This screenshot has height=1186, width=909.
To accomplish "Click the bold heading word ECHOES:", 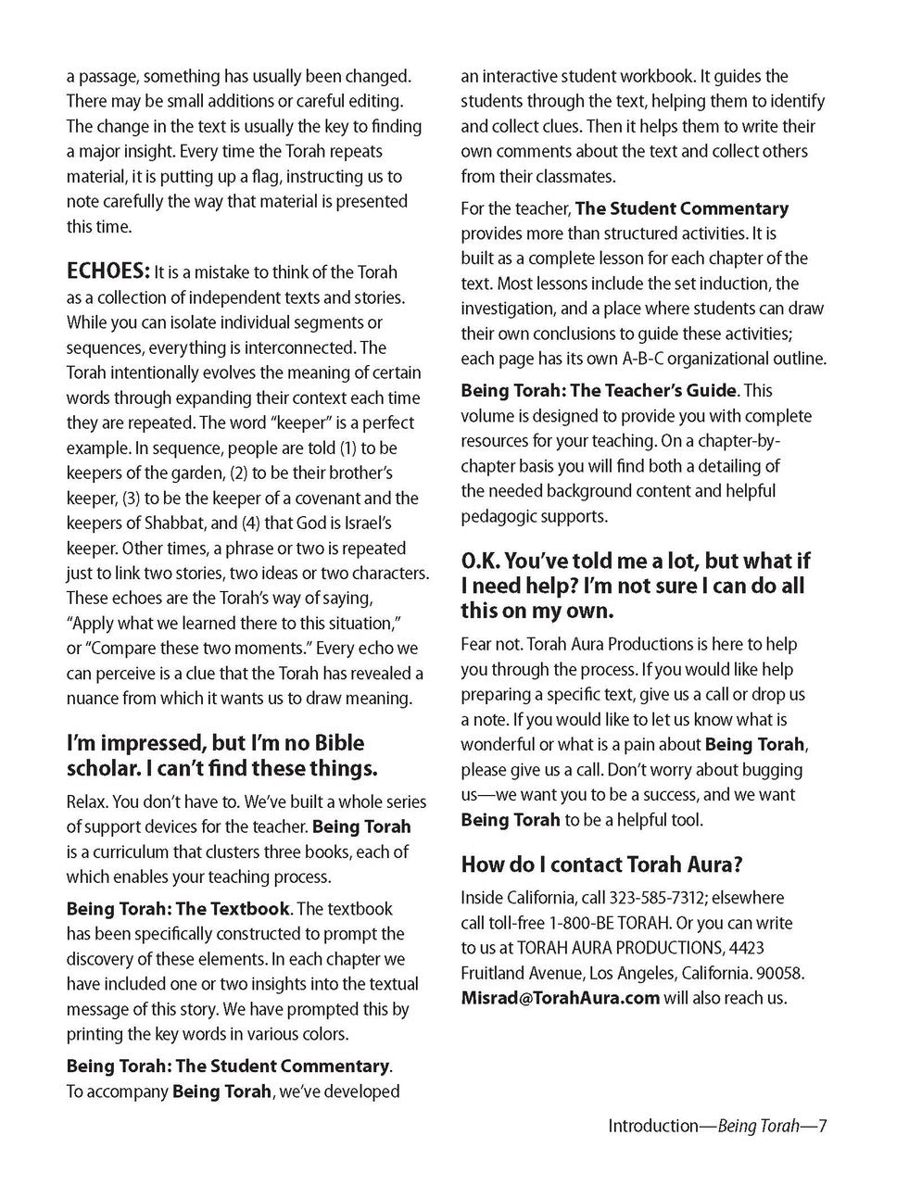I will [107, 271].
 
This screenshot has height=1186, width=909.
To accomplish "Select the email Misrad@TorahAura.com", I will [560, 998].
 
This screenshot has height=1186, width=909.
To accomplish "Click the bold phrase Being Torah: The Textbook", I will [178, 909].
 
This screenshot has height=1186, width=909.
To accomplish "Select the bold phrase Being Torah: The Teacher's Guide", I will [599, 391].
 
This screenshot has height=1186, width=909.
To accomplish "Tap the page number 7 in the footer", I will [822, 1127].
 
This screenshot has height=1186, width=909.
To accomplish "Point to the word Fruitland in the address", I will [498, 973].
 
